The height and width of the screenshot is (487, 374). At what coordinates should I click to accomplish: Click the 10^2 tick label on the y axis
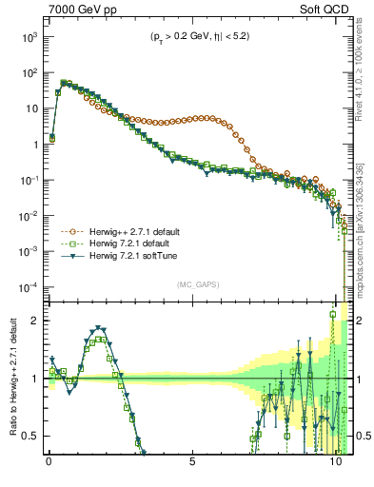coord(26,72)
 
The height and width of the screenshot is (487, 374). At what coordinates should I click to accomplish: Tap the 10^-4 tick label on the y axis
coord(26,287)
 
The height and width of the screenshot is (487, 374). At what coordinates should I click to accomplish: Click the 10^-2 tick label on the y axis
coord(26,216)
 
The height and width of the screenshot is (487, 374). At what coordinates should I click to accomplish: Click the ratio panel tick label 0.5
coord(29,436)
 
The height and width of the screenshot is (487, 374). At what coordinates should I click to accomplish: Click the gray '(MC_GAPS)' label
coord(195,284)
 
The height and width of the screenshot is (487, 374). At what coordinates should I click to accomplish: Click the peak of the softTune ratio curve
coord(100,328)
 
